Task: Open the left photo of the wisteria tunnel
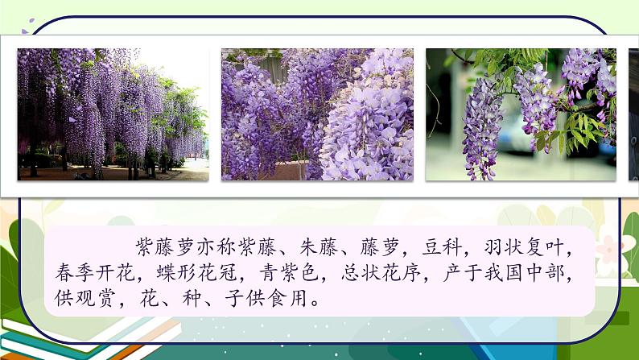pyautogui.click(x=113, y=114)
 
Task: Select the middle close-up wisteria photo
pyautogui.click(x=317, y=114)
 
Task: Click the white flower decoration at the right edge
pyautogui.click(x=625, y=246)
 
